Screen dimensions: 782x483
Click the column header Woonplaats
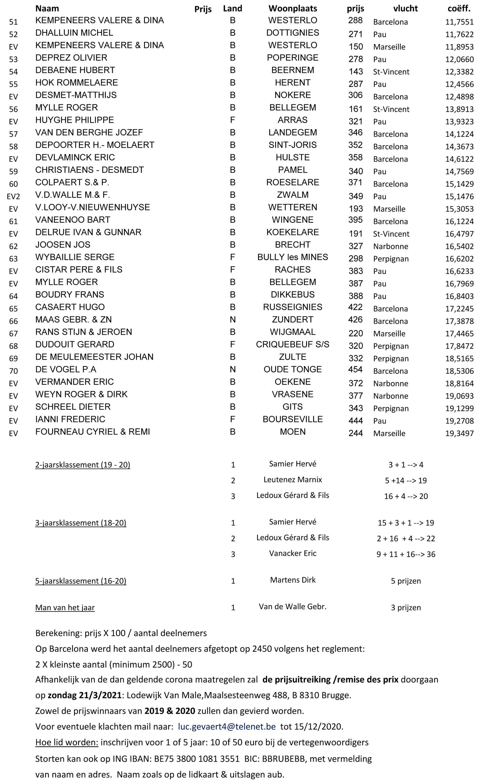pos(293,8)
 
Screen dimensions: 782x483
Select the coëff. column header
pos(459,8)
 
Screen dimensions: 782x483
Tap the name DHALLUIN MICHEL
pos(74,33)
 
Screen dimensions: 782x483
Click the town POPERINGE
pos(293,58)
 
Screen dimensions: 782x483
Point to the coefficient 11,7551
pos(459,22)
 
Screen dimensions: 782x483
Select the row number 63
pos(13,259)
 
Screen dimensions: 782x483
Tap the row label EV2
pos(13,196)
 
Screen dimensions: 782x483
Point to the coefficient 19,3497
pos(459,433)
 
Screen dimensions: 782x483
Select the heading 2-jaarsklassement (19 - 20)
pos(83,465)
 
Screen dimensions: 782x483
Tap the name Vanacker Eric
pos(293,553)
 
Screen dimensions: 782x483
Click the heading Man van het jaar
pos(65,608)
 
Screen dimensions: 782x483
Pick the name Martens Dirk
pos(293,580)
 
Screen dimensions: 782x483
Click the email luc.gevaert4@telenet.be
pos(227,726)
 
